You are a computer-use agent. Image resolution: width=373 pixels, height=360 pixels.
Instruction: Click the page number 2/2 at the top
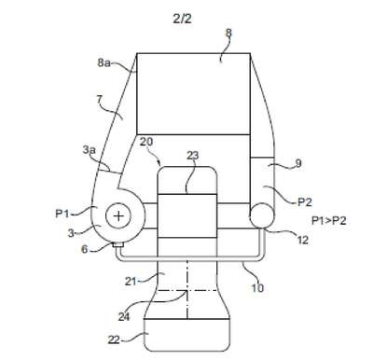coord(182,19)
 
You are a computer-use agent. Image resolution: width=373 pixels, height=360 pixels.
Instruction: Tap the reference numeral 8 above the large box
coord(228,33)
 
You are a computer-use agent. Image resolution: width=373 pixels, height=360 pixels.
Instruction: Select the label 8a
coord(104,62)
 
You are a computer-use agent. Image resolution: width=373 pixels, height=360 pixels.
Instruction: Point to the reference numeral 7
coord(99,100)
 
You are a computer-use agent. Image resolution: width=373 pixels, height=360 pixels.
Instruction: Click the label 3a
coord(89,150)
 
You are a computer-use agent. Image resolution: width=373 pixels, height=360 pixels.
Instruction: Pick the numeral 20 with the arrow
coord(146,142)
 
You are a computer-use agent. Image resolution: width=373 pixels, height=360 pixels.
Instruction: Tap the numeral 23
coord(192,155)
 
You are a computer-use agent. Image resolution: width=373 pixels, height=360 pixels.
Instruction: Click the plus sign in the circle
coord(118,215)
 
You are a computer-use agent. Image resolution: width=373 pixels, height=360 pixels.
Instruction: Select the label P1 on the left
coord(62,214)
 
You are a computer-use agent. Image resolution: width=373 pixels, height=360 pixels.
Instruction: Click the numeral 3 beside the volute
coord(71,233)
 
